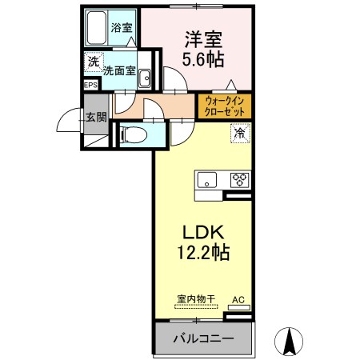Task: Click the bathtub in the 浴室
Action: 96,28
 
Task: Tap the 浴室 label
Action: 122,27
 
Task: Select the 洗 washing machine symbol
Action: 94,62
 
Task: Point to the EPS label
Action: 91,86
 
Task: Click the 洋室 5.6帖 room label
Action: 203,50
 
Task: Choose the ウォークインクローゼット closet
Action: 225,106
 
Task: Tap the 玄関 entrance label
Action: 96,117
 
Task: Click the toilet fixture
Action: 134,135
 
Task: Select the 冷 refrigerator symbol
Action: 241,133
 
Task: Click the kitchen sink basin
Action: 206,180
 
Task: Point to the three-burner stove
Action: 240,180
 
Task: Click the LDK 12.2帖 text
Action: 203,242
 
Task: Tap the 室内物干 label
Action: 196,299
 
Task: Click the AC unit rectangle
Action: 239,307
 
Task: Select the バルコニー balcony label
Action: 203,338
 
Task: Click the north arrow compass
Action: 289,342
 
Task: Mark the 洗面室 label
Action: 119,70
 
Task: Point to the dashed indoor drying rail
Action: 196,306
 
